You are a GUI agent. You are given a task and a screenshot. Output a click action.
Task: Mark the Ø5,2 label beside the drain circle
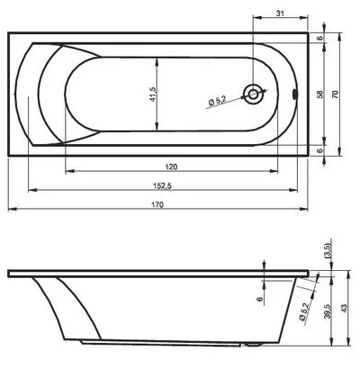click(x=219, y=101)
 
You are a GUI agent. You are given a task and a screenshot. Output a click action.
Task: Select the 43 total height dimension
click(x=348, y=309)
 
